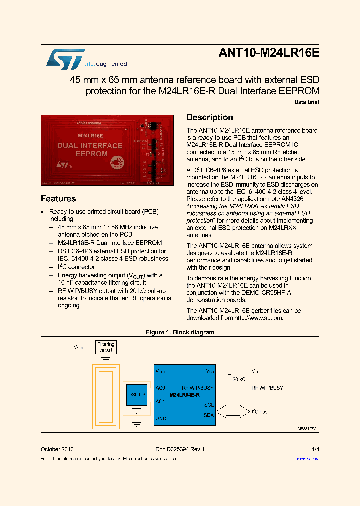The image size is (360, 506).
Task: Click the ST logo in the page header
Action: (x=65, y=58)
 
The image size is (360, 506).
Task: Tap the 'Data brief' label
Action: (x=306, y=102)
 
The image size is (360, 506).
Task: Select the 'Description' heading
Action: (x=210, y=117)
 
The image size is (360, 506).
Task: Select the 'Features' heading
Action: (x=58, y=198)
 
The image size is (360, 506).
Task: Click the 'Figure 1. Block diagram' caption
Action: (x=180, y=332)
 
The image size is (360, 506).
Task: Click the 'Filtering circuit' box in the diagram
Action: (x=106, y=347)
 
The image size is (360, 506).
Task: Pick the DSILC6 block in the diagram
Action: (x=136, y=395)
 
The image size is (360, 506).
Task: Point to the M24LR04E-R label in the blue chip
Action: (x=185, y=395)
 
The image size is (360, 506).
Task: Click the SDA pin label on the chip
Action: (x=209, y=415)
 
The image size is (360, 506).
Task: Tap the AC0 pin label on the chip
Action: (x=160, y=388)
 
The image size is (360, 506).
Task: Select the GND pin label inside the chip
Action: (x=161, y=418)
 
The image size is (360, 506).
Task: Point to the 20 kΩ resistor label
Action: (x=239, y=380)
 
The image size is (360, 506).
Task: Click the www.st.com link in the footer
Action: (x=308, y=458)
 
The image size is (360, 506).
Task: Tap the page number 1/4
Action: (x=315, y=449)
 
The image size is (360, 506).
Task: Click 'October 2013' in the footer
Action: (x=57, y=449)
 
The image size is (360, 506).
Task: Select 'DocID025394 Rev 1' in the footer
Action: (x=176, y=449)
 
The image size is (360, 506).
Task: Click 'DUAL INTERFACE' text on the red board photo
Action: (x=90, y=146)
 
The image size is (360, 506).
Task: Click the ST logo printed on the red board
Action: (x=65, y=164)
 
